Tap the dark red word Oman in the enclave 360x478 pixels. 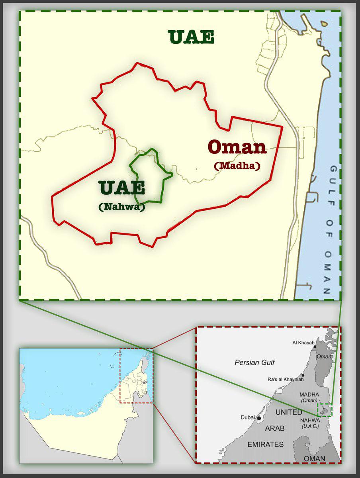pos(237,147)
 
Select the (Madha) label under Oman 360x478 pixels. pos(237,165)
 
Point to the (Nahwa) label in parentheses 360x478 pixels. pos(121,207)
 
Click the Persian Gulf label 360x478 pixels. pos(255,362)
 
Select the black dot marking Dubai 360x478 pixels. pos(259,418)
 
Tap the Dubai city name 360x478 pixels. pos(248,417)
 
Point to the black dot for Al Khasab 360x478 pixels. pos(315,347)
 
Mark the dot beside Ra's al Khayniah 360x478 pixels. pos(303,375)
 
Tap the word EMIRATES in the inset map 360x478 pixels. pos(266,444)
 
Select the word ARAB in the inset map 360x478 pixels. pos(275,428)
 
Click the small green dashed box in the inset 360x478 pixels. pos(324,410)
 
